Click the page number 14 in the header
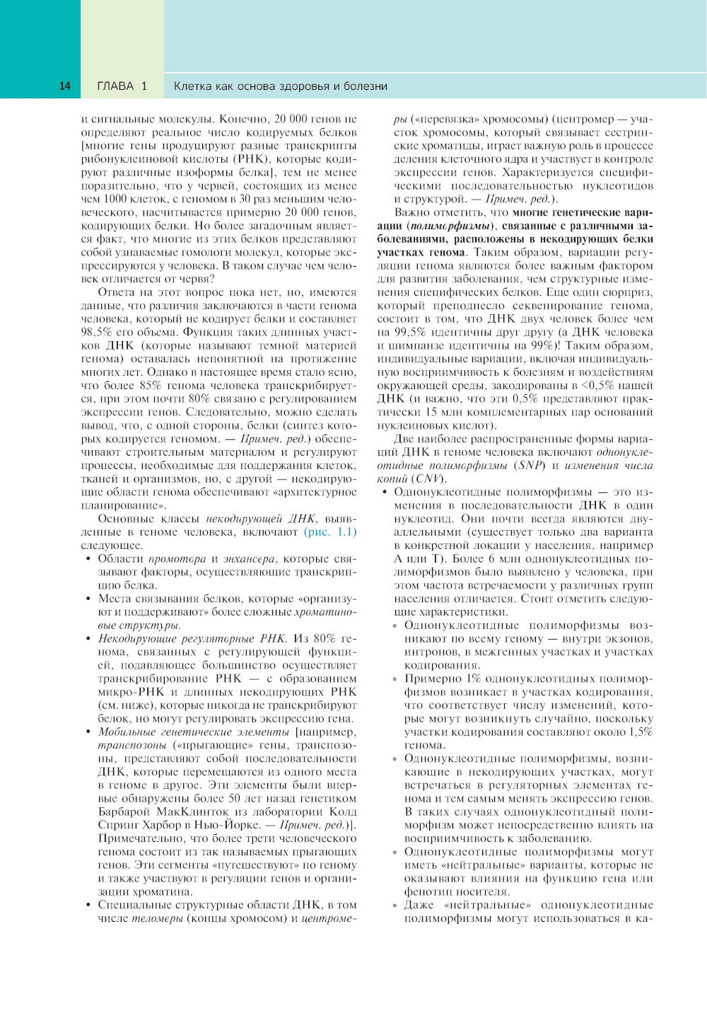pyautogui.click(x=64, y=86)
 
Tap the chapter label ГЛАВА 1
pyautogui.click(x=122, y=86)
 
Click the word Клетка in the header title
pyautogui.click(x=193, y=86)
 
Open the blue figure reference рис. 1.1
pyautogui.click(x=330, y=532)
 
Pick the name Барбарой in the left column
pyautogui.click(x=124, y=811)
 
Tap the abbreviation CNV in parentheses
pyautogui.click(x=428, y=479)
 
